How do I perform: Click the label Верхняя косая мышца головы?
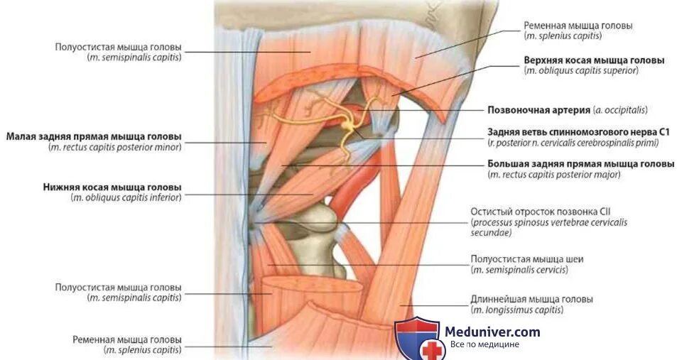[593, 60]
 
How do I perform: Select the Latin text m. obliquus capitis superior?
[581, 71]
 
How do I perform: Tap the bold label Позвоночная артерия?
[539, 110]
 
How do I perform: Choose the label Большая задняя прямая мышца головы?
[580, 164]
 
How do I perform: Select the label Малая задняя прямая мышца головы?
[94, 136]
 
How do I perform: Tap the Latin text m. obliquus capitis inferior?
[126, 197]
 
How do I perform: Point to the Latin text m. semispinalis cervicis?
[519, 270]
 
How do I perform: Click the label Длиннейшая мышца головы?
[531, 300]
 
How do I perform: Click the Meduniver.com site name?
[492, 332]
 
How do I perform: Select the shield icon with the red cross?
[418, 339]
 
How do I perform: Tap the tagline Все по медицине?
[484, 344]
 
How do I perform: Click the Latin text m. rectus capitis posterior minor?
[115, 147]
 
